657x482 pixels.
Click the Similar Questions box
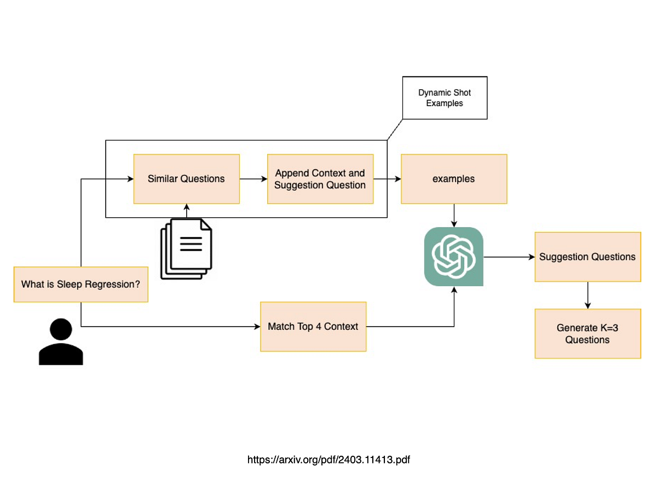[186, 179]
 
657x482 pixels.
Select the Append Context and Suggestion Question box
[320, 179]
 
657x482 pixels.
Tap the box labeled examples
[453, 179]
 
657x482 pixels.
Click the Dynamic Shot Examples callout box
[444, 98]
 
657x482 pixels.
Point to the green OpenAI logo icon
[453, 256]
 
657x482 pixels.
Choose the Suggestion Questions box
[587, 257]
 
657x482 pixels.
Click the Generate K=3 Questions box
[587, 333]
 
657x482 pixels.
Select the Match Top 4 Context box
[313, 327]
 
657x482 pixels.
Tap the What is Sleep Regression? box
[80, 284]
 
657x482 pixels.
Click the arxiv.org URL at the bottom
[328, 460]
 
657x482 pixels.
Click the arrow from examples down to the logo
[453, 215]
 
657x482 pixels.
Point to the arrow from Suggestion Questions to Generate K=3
[587, 295]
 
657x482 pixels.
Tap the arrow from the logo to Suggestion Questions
[509, 257]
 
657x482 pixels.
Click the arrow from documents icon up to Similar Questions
[186, 211]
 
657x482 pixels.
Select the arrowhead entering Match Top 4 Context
[257, 327]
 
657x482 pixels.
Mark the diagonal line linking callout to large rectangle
[395, 130]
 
